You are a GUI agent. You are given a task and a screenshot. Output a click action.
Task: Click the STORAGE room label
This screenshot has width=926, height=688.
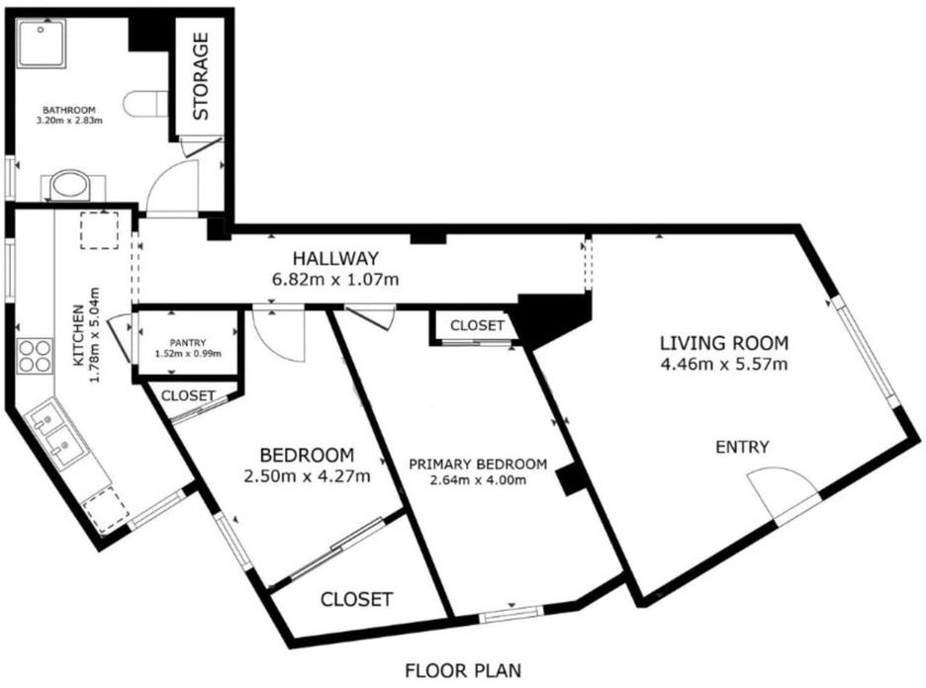pyautogui.click(x=201, y=76)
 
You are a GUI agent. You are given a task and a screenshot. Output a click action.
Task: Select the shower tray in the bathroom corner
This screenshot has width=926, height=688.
pyautogui.click(x=41, y=43)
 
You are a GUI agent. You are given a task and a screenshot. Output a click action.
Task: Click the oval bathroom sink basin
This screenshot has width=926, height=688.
pyautogui.click(x=69, y=185)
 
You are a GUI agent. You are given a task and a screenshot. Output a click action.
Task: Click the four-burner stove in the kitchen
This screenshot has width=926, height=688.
pyautogui.click(x=35, y=357)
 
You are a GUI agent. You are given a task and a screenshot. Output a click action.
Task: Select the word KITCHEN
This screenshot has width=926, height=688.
pyautogui.click(x=78, y=334)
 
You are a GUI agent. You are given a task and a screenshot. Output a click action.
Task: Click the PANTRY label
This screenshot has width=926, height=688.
pyautogui.click(x=188, y=342)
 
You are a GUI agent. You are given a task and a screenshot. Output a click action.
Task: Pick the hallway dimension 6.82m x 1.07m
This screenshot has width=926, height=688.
pyautogui.click(x=334, y=279)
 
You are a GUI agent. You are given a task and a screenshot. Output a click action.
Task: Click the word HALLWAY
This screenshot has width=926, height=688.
pyautogui.click(x=335, y=258)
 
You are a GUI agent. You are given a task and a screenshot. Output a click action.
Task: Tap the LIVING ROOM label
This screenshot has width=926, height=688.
pyautogui.click(x=724, y=343)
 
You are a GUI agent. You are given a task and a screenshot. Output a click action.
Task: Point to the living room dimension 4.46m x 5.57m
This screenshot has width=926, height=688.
pyautogui.click(x=724, y=364)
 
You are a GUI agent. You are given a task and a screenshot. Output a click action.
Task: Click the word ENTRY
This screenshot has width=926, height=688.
pyautogui.click(x=742, y=447)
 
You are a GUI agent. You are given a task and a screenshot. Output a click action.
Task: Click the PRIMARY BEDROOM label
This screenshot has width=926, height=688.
pyautogui.click(x=478, y=464)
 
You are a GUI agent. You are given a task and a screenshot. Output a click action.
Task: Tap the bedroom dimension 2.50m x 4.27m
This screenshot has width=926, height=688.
pyautogui.click(x=307, y=475)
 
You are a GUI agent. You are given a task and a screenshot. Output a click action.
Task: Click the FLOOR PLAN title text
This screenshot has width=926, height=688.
pyautogui.click(x=463, y=671)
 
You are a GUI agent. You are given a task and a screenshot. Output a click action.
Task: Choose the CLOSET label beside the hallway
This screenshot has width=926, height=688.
pyautogui.click(x=477, y=325)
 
